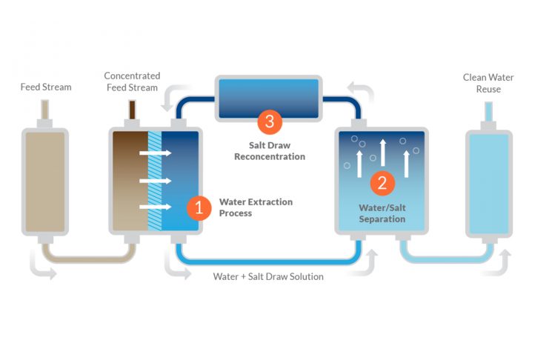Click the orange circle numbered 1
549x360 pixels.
198,207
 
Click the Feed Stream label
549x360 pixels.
46,87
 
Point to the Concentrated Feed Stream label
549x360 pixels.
132,81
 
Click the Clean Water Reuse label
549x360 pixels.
488,83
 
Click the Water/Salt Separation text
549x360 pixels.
382,213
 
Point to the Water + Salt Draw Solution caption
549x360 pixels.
268,276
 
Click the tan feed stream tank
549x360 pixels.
46,180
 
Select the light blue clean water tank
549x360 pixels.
488,180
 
